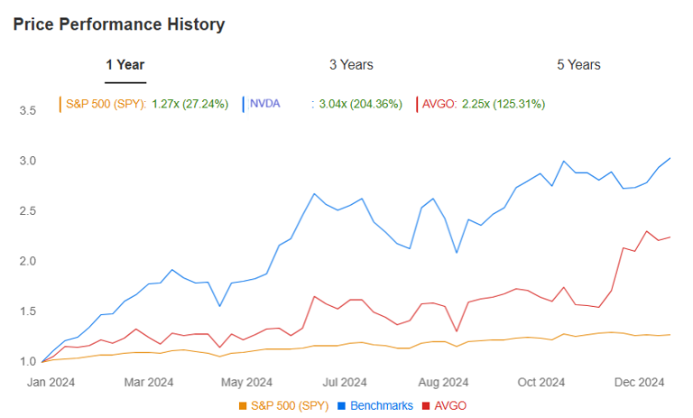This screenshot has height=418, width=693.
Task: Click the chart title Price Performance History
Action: pos(119,24)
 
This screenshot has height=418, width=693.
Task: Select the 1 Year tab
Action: pos(125,65)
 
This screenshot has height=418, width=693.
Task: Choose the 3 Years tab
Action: pos(351,65)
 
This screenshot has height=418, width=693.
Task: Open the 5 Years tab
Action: pos(578,65)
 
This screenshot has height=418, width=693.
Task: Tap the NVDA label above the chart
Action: pos(264,104)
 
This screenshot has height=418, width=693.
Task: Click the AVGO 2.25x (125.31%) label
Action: pos(483,104)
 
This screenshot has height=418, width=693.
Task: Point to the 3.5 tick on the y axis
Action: pos(27,111)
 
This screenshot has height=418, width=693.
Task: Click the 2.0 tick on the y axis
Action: pos(27,262)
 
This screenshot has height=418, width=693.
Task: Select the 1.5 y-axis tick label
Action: pos(27,311)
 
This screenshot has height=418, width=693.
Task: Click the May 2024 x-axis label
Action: pos(246,381)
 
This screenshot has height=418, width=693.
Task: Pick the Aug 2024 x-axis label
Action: pos(443,381)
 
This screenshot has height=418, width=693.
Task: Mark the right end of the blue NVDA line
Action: pos(670,159)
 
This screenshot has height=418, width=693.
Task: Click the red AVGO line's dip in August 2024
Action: pos(457,330)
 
